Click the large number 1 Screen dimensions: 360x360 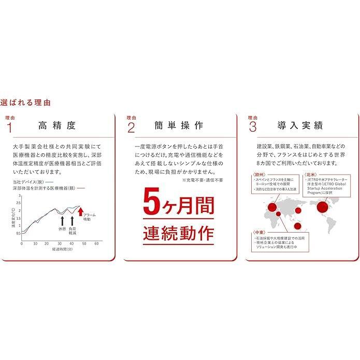8,126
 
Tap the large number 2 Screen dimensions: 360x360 131,126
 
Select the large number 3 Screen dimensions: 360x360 253,126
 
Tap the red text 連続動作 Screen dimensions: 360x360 178,233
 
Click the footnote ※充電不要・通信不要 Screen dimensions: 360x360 203,180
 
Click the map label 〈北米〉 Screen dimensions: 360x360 311,175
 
